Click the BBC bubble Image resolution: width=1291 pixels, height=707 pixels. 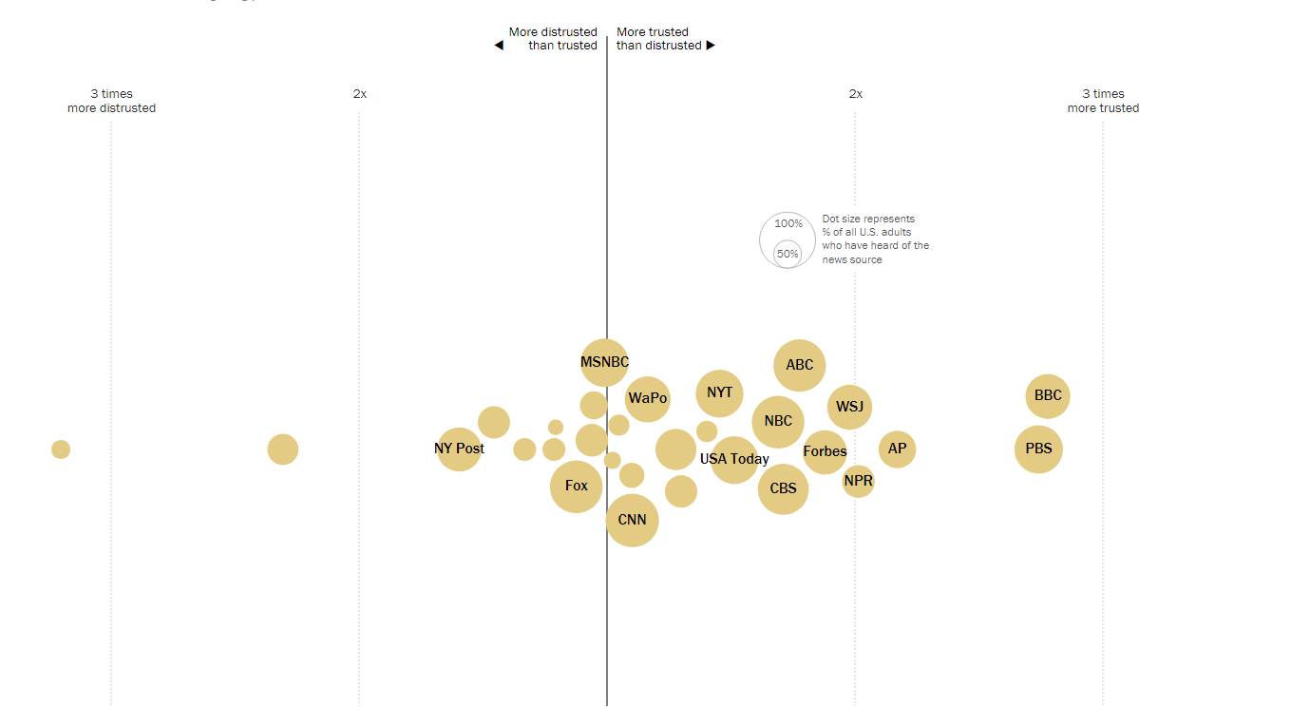(x=1048, y=396)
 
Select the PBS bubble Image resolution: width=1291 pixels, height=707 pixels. (x=1038, y=449)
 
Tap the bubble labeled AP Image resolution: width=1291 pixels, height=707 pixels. (x=897, y=449)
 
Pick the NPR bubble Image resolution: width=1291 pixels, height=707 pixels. (x=858, y=481)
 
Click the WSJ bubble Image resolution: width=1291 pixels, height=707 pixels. (x=849, y=407)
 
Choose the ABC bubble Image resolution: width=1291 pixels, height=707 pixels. (x=800, y=365)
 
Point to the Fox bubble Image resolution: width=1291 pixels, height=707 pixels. (x=577, y=486)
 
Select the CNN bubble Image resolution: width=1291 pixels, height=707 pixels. (x=632, y=520)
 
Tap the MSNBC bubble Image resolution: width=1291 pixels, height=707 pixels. (x=604, y=362)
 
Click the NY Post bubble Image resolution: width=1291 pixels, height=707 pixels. (x=459, y=449)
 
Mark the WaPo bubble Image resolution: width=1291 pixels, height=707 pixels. (x=648, y=398)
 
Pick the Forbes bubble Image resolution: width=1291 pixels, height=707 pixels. (x=825, y=451)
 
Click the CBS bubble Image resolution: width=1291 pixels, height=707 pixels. (x=783, y=488)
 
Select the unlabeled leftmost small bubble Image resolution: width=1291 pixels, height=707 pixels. (x=61, y=449)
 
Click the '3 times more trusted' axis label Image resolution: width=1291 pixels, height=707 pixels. (x=1103, y=101)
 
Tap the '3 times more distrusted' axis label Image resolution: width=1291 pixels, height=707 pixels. (x=111, y=101)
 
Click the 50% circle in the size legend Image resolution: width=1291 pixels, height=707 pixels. (x=787, y=254)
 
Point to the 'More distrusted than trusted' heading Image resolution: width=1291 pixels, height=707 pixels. (x=553, y=38)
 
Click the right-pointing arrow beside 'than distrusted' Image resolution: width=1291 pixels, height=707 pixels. (x=711, y=46)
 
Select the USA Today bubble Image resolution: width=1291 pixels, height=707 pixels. (x=734, y=459)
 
